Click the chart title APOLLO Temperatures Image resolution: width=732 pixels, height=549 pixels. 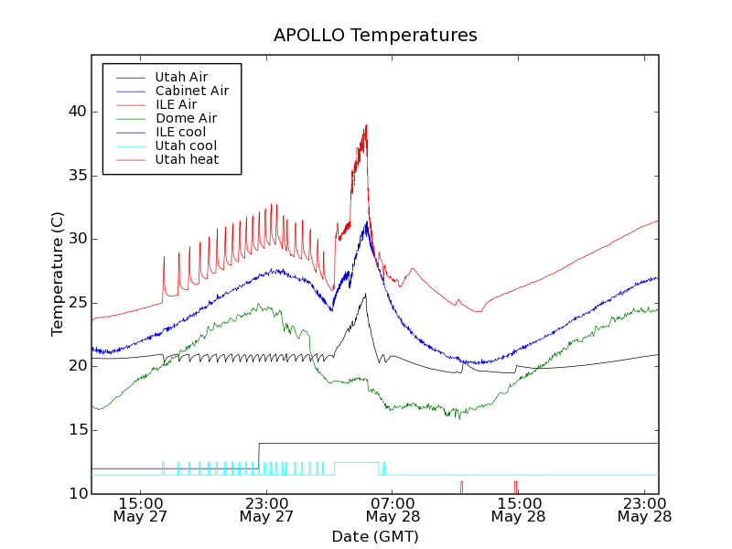tap(375, 36)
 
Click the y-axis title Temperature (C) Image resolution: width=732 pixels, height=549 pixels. tap(58, 274)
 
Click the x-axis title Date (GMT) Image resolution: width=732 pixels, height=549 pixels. tap(375, 536)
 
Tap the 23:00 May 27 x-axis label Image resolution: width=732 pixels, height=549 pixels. tap(266, 510)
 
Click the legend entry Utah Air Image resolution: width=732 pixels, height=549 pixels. tap(181, 77)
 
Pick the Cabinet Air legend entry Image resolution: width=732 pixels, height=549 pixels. tap(191, 91)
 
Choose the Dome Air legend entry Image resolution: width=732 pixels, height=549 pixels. tap(186, 118)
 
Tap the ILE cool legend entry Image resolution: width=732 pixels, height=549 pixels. tap(180, 132)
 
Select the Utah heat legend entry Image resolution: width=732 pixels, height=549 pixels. tap(187, 159)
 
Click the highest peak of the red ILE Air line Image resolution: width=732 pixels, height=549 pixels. tap(366, 125)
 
